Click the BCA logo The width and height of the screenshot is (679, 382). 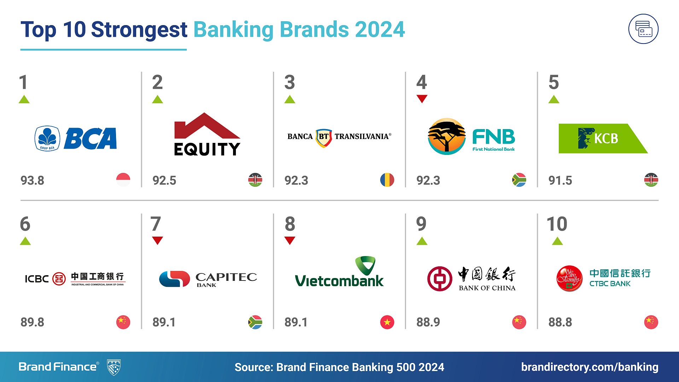tap(76, 138)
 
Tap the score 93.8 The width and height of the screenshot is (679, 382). tap(32, 180)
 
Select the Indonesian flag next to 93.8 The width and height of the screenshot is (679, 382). tap(123, 180)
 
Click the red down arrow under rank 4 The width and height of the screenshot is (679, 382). tap(422, 99)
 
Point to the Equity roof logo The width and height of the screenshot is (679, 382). tap(207, 134)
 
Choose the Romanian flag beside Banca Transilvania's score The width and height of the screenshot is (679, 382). tap(387, 180)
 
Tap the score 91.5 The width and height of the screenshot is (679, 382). tap(560, 180)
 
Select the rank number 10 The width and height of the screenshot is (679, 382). tap(557, 224)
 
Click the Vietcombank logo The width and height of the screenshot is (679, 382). tap(339, 272)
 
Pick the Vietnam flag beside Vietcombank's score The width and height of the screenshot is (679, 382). tap(387, 322)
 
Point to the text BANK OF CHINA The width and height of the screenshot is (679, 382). tap(487, 288)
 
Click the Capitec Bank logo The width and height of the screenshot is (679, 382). tap(208, 279)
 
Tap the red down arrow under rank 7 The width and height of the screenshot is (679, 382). tap(157, 241)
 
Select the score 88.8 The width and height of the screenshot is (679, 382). tap(560, 322)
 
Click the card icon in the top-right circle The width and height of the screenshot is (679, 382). tap(643, 29)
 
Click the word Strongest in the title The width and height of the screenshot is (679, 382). tap(139, 29)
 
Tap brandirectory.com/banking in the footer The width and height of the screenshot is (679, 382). tap(590, 367)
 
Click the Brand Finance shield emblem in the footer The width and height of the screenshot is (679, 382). tap(114, 367)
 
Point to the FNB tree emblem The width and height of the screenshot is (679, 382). tap(446, 137)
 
